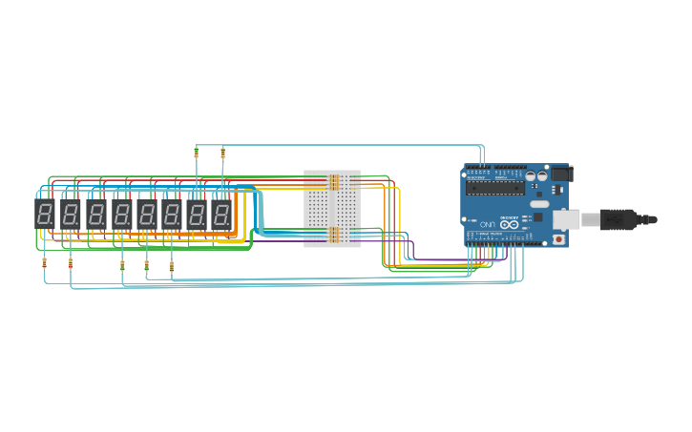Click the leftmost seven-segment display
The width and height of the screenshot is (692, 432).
45,214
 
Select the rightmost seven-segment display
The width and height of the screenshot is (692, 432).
221,214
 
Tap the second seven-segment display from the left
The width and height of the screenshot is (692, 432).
71,214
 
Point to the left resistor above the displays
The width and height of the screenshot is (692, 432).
197,152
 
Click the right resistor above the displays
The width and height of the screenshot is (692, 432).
222,152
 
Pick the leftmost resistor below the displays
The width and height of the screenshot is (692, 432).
45,263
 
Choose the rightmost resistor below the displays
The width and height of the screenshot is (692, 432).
172,266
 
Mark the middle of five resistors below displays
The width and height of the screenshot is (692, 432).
122,264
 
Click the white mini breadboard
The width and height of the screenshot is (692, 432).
332,208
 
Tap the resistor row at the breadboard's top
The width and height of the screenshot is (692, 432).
334,181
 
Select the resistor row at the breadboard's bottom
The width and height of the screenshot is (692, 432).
334,234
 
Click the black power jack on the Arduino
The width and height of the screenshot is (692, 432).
562,174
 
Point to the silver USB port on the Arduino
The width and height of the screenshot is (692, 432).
566,219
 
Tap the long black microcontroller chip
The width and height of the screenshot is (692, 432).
495,187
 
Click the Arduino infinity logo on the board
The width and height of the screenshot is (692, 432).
510,225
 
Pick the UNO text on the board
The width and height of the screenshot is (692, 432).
488,224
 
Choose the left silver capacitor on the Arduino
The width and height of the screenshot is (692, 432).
530,175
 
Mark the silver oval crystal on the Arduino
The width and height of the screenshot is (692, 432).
539,204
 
